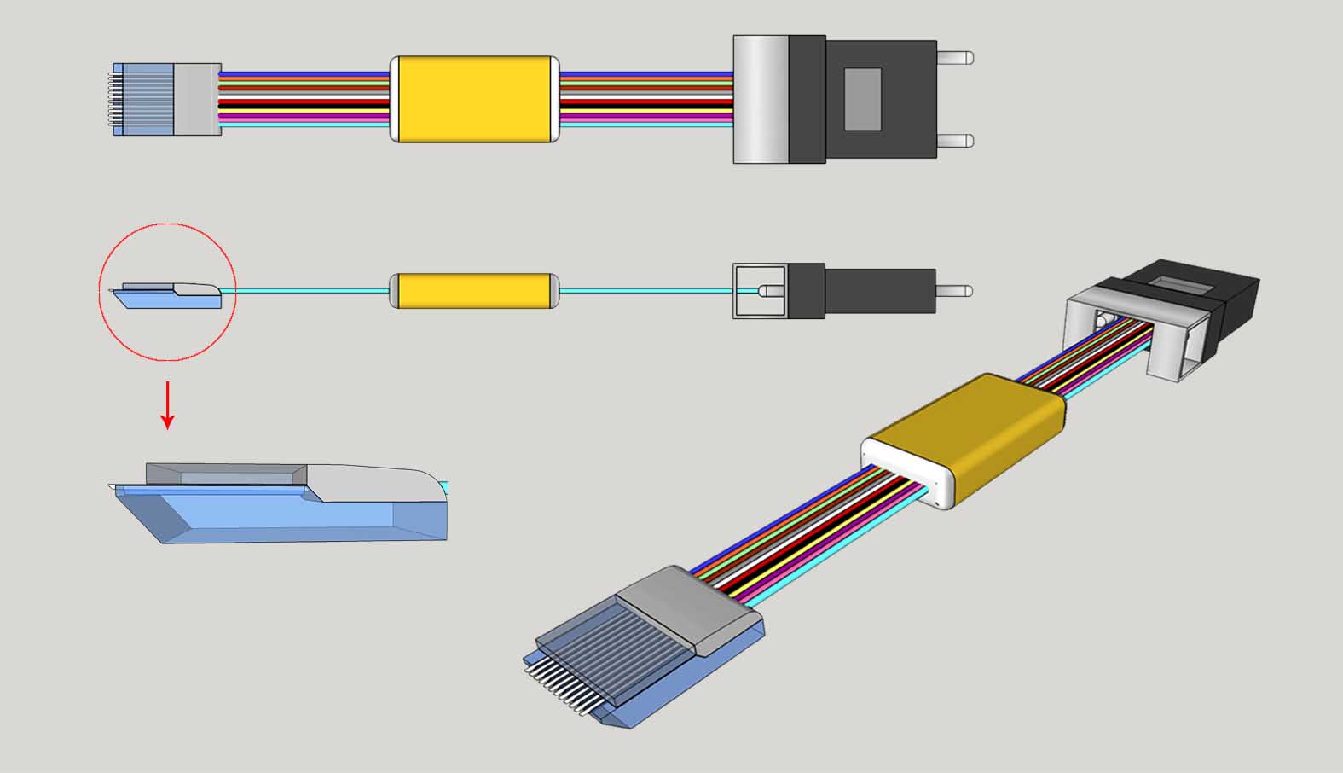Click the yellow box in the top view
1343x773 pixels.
point(474,99)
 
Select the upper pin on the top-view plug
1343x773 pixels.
point(955,59)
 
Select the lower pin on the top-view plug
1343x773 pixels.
point(955,141)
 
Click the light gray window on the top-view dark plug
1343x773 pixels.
point(862,99)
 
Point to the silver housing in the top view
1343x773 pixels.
point(761,99)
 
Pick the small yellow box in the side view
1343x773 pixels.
point(474,291)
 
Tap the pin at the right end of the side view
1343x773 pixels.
point(955,291)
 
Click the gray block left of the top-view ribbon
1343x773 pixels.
point(197,99)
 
